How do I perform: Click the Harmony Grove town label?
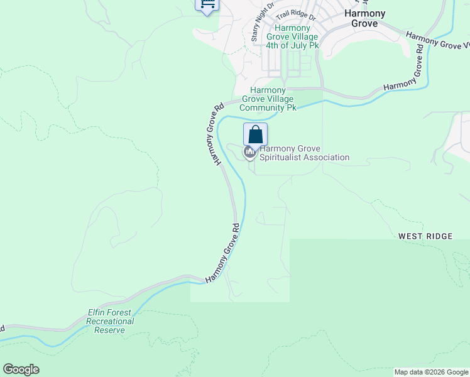(x=364, y=18)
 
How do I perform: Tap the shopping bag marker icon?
(x=255, y=134)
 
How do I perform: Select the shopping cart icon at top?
(x=207, y=4)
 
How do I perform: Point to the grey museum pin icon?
(x=249, y=152)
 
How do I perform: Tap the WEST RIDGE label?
(x=425, y=236)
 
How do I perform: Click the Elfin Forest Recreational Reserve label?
(x=110, y=321)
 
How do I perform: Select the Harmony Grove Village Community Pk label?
(x=272, y=99)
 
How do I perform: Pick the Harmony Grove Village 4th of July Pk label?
(x=292, y=37)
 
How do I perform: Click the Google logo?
(x=21, y=369)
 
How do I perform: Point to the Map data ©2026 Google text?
(x=431, y=372)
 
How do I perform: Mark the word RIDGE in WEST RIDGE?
(x=439, y=236)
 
